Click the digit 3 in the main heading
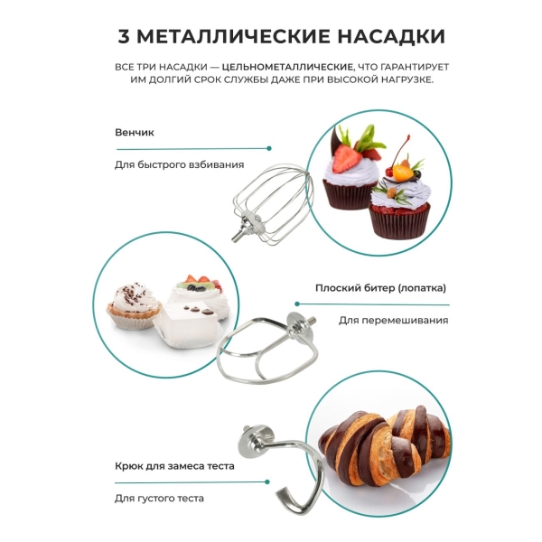coord(124,36)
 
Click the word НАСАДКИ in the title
coord(391,37)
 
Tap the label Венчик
coord(135,133)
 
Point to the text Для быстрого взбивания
coord(180,164)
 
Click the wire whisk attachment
coord(273,205)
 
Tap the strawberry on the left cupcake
coord(346,158)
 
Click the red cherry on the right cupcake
coord(389,171)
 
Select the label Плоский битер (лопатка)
coord(380,288)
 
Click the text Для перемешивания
coord(393,320)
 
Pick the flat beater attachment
coord(267,349)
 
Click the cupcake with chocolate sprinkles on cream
coord(134,305)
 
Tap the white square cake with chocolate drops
coord(189,325)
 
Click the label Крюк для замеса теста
coord(174,466)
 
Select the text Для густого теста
coord(159,498)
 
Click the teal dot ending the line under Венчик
coord(269,148)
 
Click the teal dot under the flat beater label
coord(297,304)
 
